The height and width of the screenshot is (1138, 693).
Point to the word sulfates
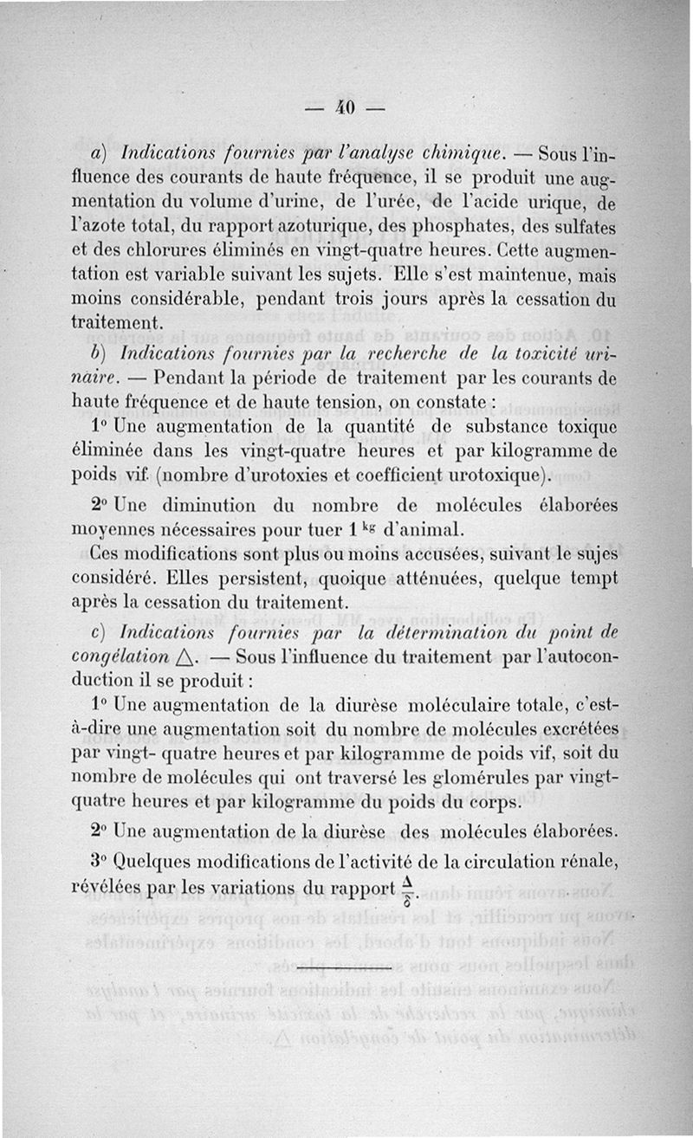[581, 230]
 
